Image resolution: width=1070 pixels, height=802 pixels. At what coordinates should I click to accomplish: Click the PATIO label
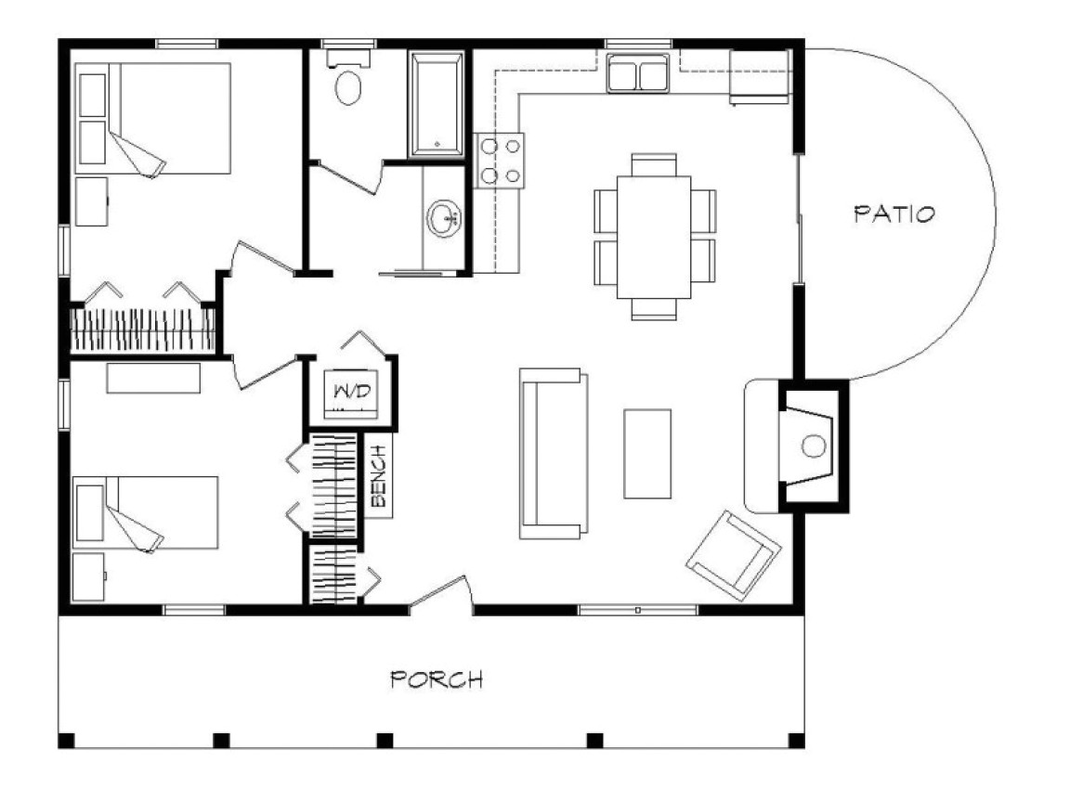tap(894, 213)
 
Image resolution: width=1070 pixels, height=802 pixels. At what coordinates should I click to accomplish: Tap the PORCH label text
tap(437, 679)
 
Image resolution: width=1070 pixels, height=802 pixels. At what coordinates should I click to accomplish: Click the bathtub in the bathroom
tap(437, 102)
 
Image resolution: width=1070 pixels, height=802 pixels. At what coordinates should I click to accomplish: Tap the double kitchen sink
tap(637, 73)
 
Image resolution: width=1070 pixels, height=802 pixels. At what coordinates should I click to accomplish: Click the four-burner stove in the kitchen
tap(499, 161)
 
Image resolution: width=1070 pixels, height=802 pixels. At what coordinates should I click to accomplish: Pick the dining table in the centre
tap(654, 236)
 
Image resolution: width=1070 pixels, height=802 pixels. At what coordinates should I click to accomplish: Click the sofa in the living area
tap(554, 453)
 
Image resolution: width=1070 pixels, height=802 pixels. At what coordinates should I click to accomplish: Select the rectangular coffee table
tap(647, 453)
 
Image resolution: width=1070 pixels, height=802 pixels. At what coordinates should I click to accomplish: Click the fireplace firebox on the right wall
tap(811, 445)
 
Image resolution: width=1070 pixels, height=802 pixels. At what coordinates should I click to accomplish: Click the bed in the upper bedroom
tap(153, 118)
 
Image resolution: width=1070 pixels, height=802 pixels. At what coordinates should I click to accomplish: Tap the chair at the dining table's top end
tap(654, 163)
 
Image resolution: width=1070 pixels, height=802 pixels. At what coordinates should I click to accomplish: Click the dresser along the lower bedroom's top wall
tap(153, 379)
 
